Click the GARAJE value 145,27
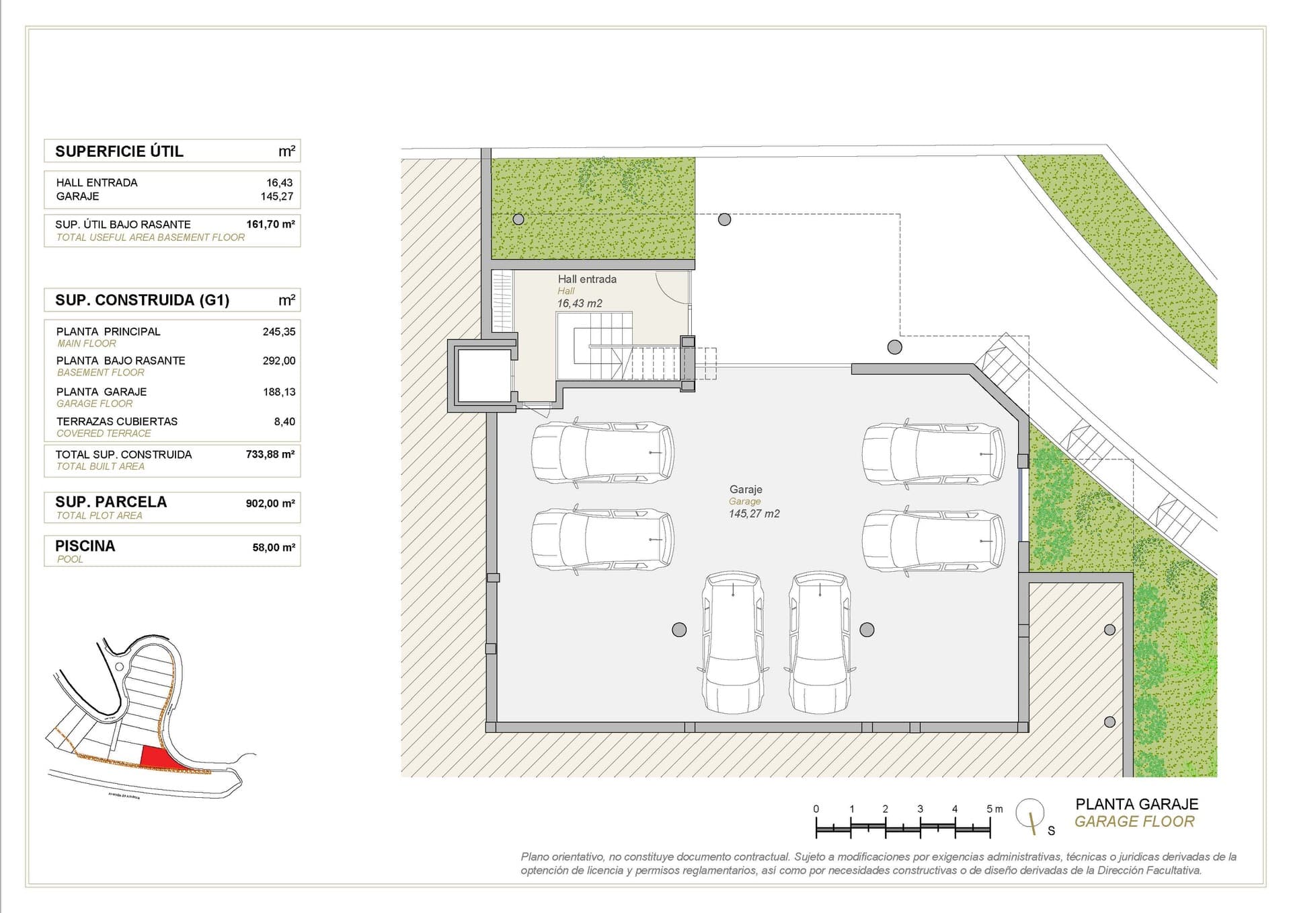tap(278, 196)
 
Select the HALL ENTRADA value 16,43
tap(280, 182)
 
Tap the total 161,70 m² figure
tap(270, 224)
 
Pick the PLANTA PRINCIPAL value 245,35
tap(279, 332)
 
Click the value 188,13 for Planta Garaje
tap(279, 392)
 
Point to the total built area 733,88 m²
tap(270, 454)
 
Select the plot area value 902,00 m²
tap(270, 503)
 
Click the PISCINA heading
tap(85, 546)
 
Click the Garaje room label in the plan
tap(746, 490)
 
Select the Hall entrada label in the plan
tap(586, 279)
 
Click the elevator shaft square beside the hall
tap(483, 375)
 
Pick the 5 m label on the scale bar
tap(994, 809)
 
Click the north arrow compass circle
tap(1029, 813)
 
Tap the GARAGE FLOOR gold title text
tap(1134, 821)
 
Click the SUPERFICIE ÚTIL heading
tap(119, 151)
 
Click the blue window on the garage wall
tap(1020, 505)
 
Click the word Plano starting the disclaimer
tap(535, 856)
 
